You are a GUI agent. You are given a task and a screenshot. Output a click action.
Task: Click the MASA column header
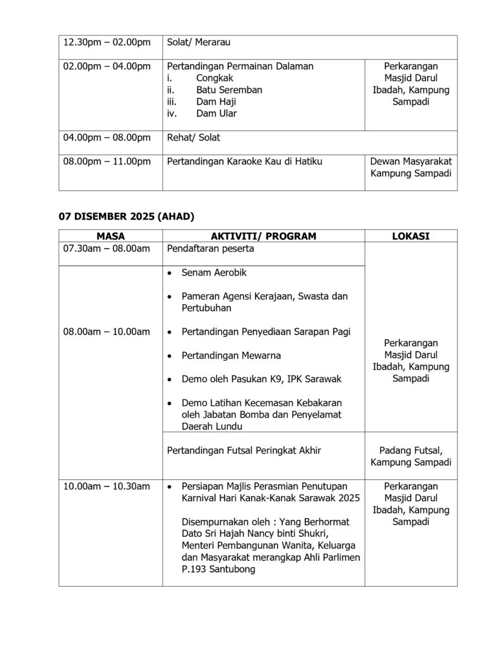click(110, 235)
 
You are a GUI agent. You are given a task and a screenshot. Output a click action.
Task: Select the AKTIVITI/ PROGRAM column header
click(264, 235)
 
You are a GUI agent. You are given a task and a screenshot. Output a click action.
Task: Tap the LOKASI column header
click(411, 235)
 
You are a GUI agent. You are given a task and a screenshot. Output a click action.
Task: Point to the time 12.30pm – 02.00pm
click(107, 42)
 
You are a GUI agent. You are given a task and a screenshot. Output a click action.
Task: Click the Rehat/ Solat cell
click(194, 137)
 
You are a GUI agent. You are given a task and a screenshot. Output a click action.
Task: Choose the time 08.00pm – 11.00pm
click(107, 161)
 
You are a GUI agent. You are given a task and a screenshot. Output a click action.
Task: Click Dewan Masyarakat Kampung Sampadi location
click(411, 167)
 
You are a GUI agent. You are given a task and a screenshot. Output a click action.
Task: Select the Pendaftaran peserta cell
click(211, 249)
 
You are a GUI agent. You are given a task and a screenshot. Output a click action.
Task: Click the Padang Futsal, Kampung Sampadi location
click(411, 456)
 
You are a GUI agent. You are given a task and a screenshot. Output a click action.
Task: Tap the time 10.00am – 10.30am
click(107, 486)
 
